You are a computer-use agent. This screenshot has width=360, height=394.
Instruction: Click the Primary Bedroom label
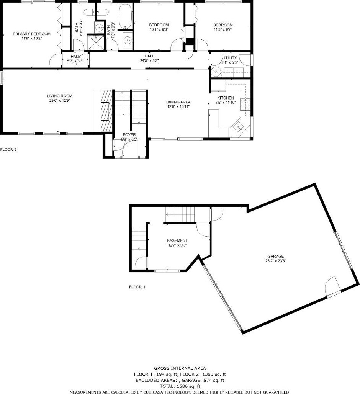[32, 34]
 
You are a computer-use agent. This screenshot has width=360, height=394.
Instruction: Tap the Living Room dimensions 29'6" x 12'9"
[60, 100]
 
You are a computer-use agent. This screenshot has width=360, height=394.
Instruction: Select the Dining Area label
[178, 102]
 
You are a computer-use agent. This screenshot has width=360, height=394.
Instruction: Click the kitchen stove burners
[245, 104]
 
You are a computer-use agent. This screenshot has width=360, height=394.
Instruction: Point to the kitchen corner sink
[238, 127]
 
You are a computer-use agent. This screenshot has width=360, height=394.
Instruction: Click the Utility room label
[229, 58]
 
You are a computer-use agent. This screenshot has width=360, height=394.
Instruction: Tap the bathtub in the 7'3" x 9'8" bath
[125, 16]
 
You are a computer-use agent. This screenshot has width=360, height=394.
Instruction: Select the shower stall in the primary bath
[95, 42]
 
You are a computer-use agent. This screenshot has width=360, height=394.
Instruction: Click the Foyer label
[129, 135]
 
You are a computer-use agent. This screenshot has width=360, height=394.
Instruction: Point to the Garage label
[276, 256]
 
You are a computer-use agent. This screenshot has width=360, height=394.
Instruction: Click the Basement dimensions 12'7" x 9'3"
[177, 245]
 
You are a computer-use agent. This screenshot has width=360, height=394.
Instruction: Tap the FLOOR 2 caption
[8, 149]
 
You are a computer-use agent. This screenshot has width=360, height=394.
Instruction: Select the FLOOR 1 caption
[137, 287]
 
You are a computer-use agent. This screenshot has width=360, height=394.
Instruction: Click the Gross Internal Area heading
[180, 368]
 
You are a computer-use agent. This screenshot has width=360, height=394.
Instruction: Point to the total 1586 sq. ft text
[180, 386]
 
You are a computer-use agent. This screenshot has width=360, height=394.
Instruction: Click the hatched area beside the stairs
[107, 111]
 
